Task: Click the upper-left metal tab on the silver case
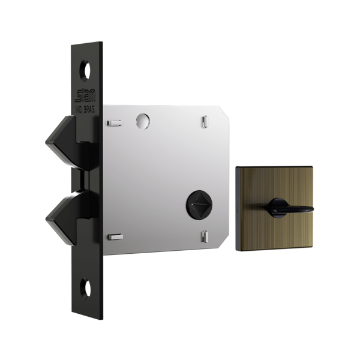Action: (113, 123)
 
